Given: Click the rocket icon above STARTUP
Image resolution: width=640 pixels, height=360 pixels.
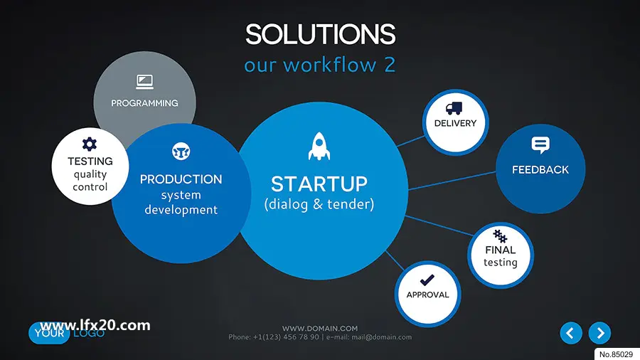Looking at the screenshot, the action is (x=319, y=146).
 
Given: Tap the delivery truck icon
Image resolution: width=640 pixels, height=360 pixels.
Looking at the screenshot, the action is (x=454, y=108).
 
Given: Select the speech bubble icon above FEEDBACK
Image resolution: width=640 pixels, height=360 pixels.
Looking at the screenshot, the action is (x=540, y=145).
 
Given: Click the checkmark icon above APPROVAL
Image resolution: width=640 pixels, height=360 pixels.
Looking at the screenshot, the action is (x=427, y=280).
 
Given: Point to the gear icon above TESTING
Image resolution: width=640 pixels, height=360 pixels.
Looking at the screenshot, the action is (x=90, y=144).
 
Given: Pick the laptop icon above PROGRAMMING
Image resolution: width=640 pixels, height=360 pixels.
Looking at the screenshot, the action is (x=144, y=82).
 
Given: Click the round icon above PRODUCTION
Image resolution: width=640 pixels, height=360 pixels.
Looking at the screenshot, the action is (x=181, y=152).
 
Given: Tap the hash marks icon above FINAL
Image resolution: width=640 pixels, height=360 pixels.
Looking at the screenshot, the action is (x=500, y=236).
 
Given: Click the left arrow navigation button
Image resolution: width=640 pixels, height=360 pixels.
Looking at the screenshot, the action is (x=571, y=333).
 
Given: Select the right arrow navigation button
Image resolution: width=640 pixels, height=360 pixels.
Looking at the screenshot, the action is (x=599, y=333).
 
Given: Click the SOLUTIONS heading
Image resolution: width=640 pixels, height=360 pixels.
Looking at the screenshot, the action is (x=321, y=34).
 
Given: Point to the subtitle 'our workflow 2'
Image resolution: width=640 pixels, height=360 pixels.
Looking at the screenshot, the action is (x=319, y=65).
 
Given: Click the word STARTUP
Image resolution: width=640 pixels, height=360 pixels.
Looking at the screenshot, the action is (x=319, y=184).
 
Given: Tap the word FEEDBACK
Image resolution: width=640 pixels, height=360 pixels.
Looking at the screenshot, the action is (x=540, y=170).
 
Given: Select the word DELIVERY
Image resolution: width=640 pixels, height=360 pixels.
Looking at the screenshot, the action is (x=455, y=123).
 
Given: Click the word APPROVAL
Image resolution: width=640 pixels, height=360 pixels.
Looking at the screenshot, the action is (x=427, y=295).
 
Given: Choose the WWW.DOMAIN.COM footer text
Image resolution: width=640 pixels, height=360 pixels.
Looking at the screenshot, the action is (x=320, y=328).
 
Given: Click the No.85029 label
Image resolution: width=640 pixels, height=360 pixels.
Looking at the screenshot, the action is (x=617, y=354).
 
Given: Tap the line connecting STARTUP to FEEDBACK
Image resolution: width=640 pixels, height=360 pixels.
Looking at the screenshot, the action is (x=452, y=181).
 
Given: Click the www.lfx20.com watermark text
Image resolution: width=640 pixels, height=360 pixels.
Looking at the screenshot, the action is (x=95, y=325).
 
